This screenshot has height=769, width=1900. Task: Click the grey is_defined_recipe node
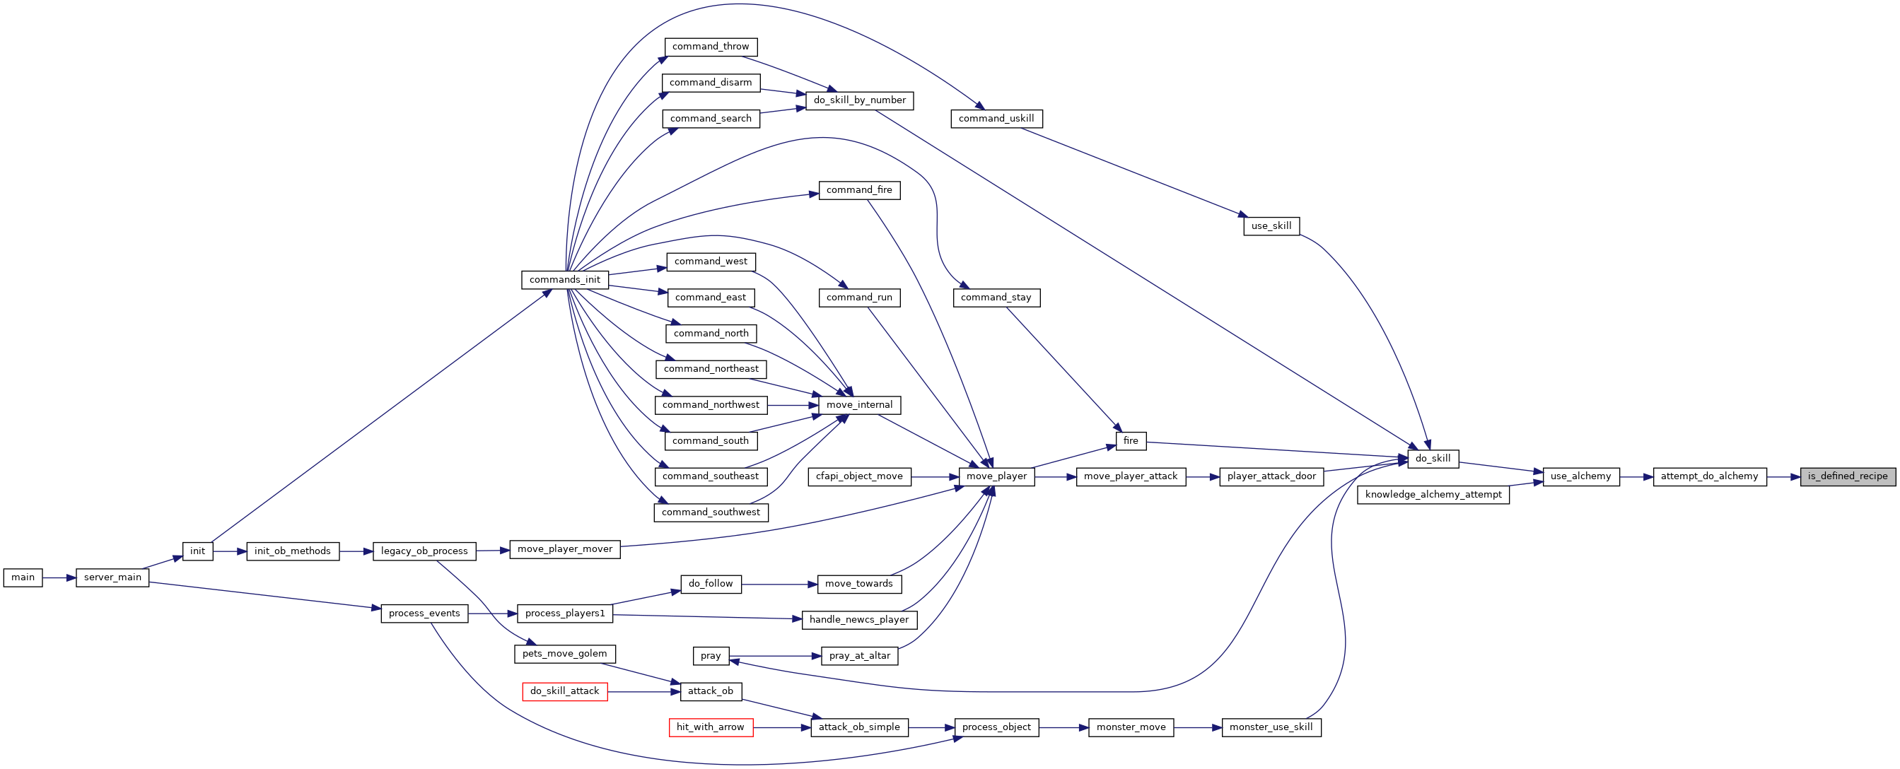(1847, 476)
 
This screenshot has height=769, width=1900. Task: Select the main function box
(23, 577)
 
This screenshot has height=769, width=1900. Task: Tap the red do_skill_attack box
(565, 691)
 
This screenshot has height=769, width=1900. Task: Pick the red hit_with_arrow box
(710, 728)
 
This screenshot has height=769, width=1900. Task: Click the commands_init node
(565, 280)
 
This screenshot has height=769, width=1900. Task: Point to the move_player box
(996, 476)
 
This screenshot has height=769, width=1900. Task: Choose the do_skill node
(1433, 459)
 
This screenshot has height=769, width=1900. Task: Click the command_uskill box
(996, 119)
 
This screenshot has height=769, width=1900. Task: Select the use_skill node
(1271, 226)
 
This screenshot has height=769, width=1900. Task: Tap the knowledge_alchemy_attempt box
(1433, 495)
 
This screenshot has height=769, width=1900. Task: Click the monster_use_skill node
(1271, 728)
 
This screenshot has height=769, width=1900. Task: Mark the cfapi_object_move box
(859, 476)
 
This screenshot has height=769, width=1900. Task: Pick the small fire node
(1131, 441)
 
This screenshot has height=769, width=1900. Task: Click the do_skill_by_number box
(859, 100)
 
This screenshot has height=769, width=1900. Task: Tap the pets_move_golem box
(565, 654)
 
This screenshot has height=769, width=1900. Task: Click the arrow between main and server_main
(59, 578)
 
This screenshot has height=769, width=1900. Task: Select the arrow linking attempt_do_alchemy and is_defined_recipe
(1783, 477)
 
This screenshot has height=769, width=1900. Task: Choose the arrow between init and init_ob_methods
(230, 551)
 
